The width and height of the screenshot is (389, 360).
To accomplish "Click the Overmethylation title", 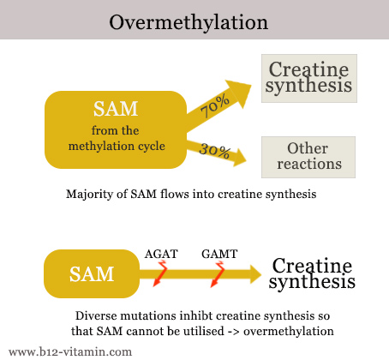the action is [x=189, y=22].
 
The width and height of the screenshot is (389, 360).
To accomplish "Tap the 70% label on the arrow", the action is [x=215, y=105].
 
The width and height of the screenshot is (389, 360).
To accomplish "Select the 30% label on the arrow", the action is [x=214, y=150].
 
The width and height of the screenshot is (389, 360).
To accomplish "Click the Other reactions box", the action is [x=308, y=157].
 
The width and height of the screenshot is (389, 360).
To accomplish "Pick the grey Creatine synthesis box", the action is [x=309, y=78].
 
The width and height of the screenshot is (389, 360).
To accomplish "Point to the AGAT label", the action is [x=161, y=254].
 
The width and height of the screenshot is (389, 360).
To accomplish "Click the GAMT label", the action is [x=219, y=254].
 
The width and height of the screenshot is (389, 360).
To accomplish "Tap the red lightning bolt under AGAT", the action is [x=160, y=273].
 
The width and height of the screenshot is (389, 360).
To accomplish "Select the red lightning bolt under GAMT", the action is [x=217, y=274].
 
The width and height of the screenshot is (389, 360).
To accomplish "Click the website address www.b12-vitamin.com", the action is [x=70, y=351].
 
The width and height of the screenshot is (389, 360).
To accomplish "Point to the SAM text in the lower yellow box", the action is [x=92, y=274].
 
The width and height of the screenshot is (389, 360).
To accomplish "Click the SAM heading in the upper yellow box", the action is [x=116, y=109].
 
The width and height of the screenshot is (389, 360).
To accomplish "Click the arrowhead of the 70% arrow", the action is [x=238, y=93].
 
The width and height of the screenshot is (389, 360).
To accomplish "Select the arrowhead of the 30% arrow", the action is [x=239, y=157].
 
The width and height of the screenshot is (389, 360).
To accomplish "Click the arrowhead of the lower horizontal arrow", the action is [x=255, y=274].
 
